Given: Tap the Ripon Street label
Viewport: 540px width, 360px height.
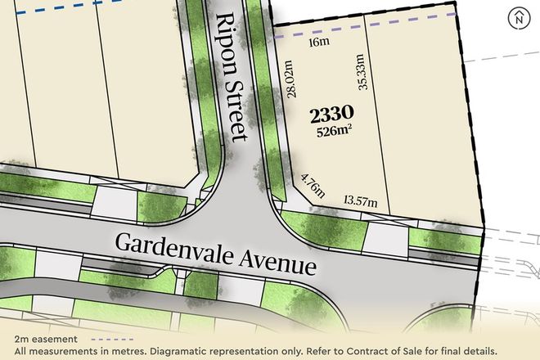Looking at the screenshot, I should click(231, 79).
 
